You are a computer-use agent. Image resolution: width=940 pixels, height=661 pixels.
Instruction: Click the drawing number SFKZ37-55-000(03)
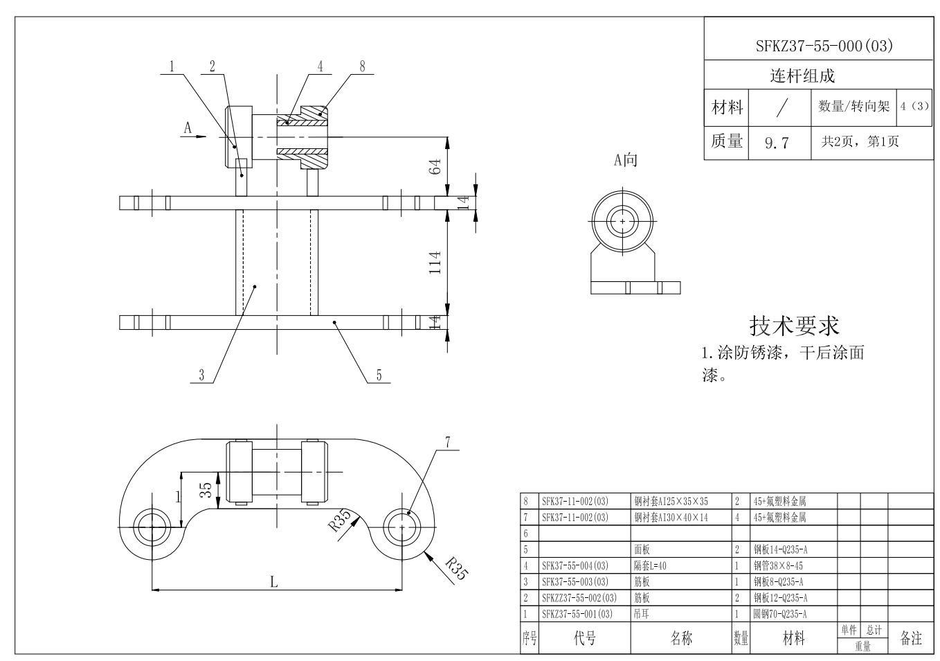[824, 46]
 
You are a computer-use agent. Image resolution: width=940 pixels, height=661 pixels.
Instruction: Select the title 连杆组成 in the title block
[802, 76]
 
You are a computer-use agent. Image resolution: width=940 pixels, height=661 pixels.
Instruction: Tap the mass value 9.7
[777, 143]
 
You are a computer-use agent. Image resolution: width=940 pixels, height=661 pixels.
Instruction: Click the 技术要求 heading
[794, 326]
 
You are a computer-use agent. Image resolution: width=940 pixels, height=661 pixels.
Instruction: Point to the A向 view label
[625, 160]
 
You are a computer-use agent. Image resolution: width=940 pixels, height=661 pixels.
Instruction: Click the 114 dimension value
[435, 263]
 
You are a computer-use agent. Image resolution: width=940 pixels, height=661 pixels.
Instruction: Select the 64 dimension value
[435, 166]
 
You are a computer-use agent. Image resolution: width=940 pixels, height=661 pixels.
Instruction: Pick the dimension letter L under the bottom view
[274, 582]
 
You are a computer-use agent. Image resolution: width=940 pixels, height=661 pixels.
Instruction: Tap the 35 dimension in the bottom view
[206, 490]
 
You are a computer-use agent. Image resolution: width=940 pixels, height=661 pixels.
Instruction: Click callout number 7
[448, 442]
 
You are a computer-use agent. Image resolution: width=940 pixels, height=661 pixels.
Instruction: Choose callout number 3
[201, 375]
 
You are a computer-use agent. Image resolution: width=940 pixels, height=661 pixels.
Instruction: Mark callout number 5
[379, 375]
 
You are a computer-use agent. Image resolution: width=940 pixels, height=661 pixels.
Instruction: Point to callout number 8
[362, 66]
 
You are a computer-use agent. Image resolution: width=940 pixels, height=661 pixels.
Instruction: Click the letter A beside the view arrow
[187, 127]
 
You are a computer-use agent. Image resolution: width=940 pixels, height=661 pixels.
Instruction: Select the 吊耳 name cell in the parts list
[641, 614]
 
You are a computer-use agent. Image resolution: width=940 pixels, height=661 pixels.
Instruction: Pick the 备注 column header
[910, 638]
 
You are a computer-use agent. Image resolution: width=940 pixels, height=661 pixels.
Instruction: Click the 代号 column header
[584, 638]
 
